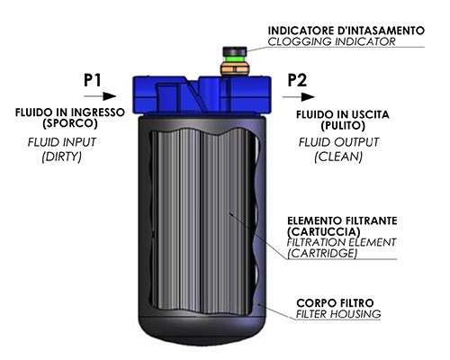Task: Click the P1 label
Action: [x=93, y=80]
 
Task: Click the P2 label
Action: [x=297, y=80]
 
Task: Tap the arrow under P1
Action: [x=100, y=96]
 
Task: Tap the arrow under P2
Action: [x=299, y=97]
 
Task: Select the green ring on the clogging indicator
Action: [x=235, y=58]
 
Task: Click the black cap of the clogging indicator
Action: [x=235, y=51]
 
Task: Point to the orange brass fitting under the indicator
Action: [x=235, y=69]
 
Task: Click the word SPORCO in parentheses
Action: [x=70, y=123]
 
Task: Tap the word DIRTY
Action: [x=62, y=157]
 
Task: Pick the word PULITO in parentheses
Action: [x=343, y=125]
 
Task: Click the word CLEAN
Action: [x=338, y=157]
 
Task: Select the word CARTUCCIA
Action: [x=324, y=231]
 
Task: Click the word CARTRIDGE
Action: [x=322, y=254]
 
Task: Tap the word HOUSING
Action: [x=355, y=314]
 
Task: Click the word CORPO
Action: [x=314, y=303]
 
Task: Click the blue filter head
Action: [x=202, y=94]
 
